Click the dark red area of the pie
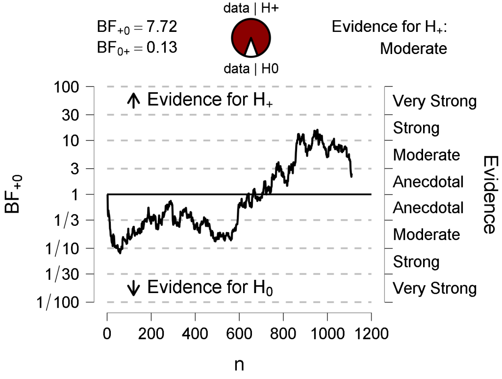point(251,32)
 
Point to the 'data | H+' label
point(251,8)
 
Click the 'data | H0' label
point(251,69)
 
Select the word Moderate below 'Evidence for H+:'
point(413,49)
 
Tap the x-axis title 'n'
point(239,364)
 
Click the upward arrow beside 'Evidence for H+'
point(132,101)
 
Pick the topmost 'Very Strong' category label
point(435,102)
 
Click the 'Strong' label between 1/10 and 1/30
point(416,262)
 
